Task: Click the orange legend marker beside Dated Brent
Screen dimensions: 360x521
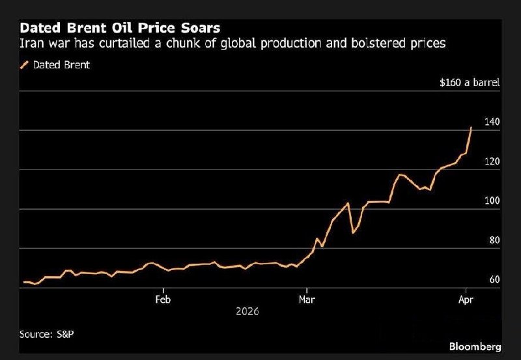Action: tap(25, 64)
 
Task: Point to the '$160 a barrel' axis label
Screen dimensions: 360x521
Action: tap(470, 83)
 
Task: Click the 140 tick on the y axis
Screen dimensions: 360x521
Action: tap(492, 122)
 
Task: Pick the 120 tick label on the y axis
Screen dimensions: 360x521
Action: tap(492, 161)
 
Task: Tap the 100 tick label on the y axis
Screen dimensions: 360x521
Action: tap(492, 201)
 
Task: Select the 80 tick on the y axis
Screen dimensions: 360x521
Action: tap(494, 240)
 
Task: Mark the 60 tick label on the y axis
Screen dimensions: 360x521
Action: tap(494, 280)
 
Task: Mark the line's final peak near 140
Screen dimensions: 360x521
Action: tap(471, 128)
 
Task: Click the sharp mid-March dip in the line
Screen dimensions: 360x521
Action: tap(353, 232)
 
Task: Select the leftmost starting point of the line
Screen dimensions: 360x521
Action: tap(23, 283)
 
